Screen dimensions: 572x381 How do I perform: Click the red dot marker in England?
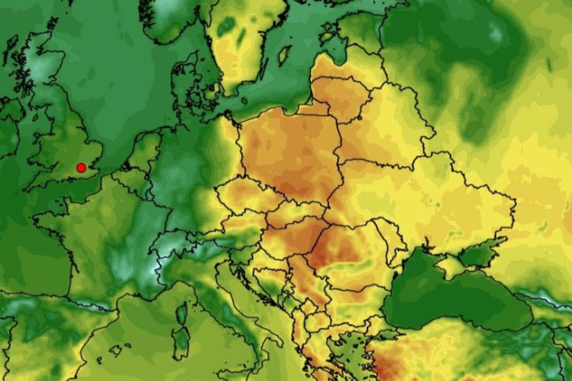(81, 167)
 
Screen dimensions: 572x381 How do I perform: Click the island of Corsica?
(181, 314)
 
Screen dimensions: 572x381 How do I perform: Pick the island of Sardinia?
(180, 343)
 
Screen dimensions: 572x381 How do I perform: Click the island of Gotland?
(284, 55)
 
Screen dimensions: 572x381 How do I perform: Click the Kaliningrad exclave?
(315, 108)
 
